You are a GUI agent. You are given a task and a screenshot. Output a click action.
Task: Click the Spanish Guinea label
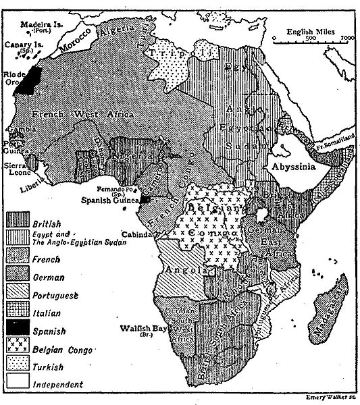click(110, 200)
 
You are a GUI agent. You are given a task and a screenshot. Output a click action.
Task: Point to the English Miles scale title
click(313, 31)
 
